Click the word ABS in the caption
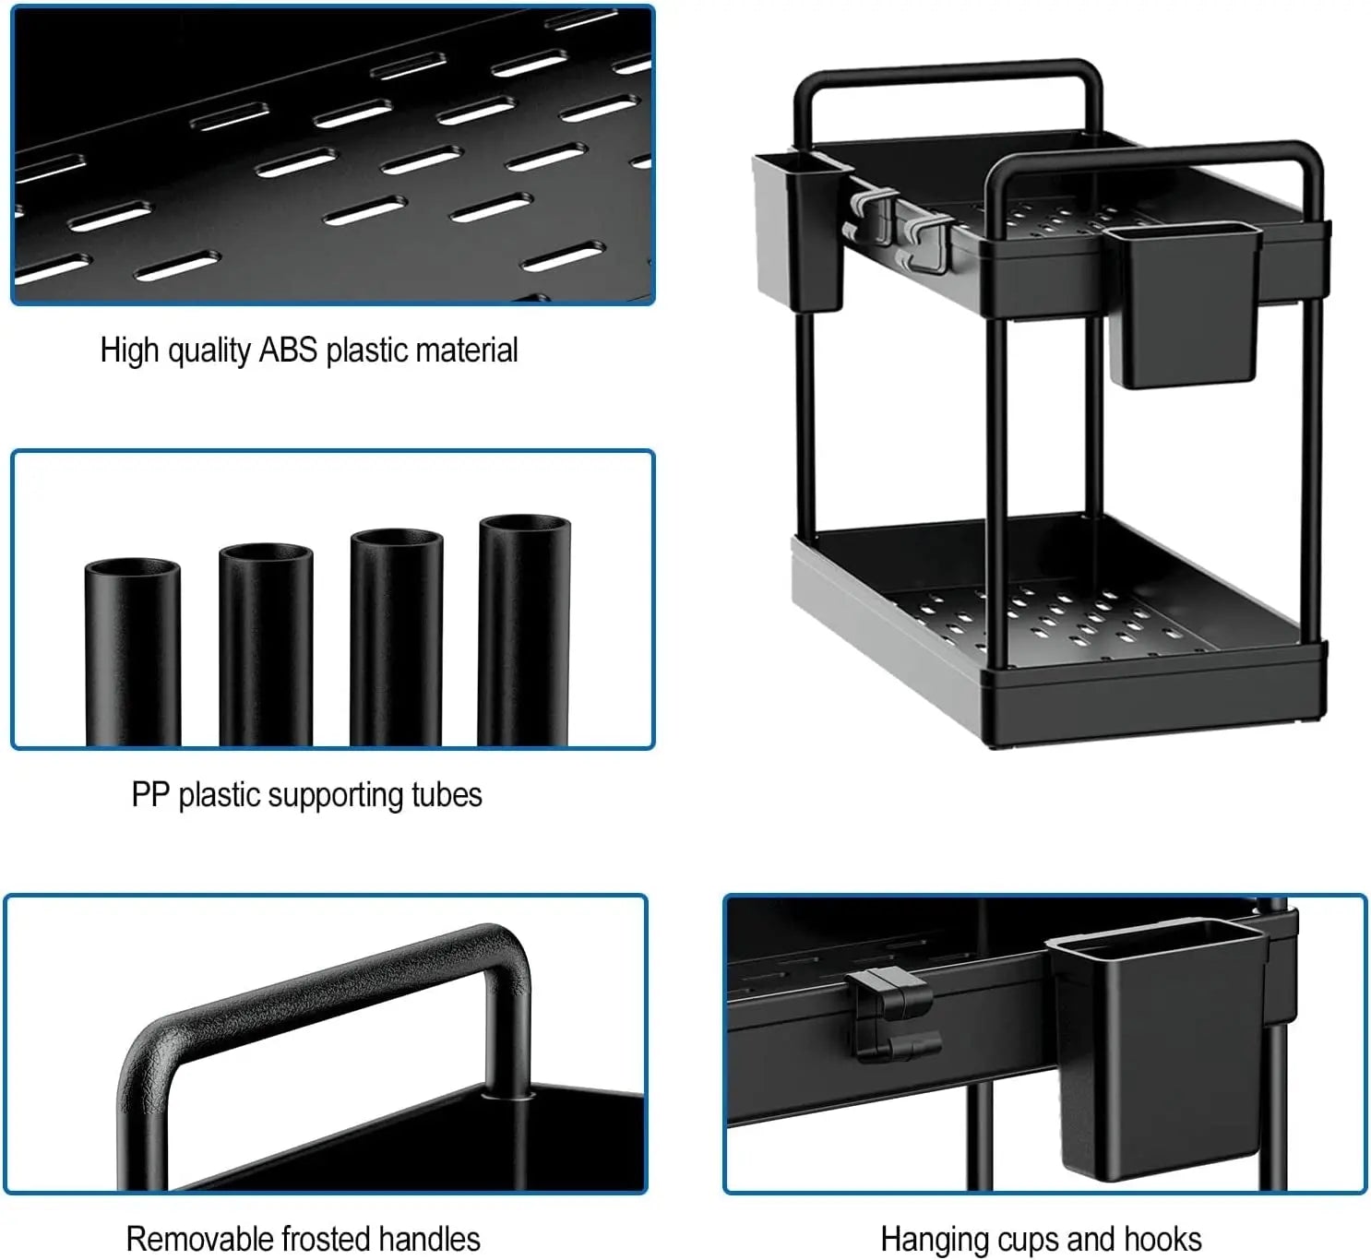coord(288,351)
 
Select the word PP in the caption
coord(149,795)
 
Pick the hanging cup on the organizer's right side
coord(1184,304)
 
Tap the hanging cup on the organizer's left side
coord(799,231)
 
